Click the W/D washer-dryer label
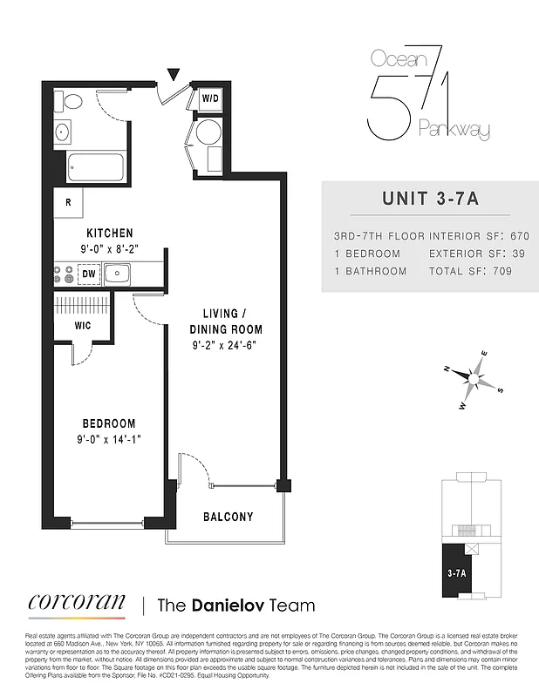click(210, 99)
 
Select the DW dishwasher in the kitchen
click(88, 274)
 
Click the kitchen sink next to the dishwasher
click(118, 274)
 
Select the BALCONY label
click(229, 517)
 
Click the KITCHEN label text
click(109, 233)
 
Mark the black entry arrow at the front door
click(174, 75)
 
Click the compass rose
click(473, 380)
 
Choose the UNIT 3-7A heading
click(430, 198)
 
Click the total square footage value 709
click(499, 271)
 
